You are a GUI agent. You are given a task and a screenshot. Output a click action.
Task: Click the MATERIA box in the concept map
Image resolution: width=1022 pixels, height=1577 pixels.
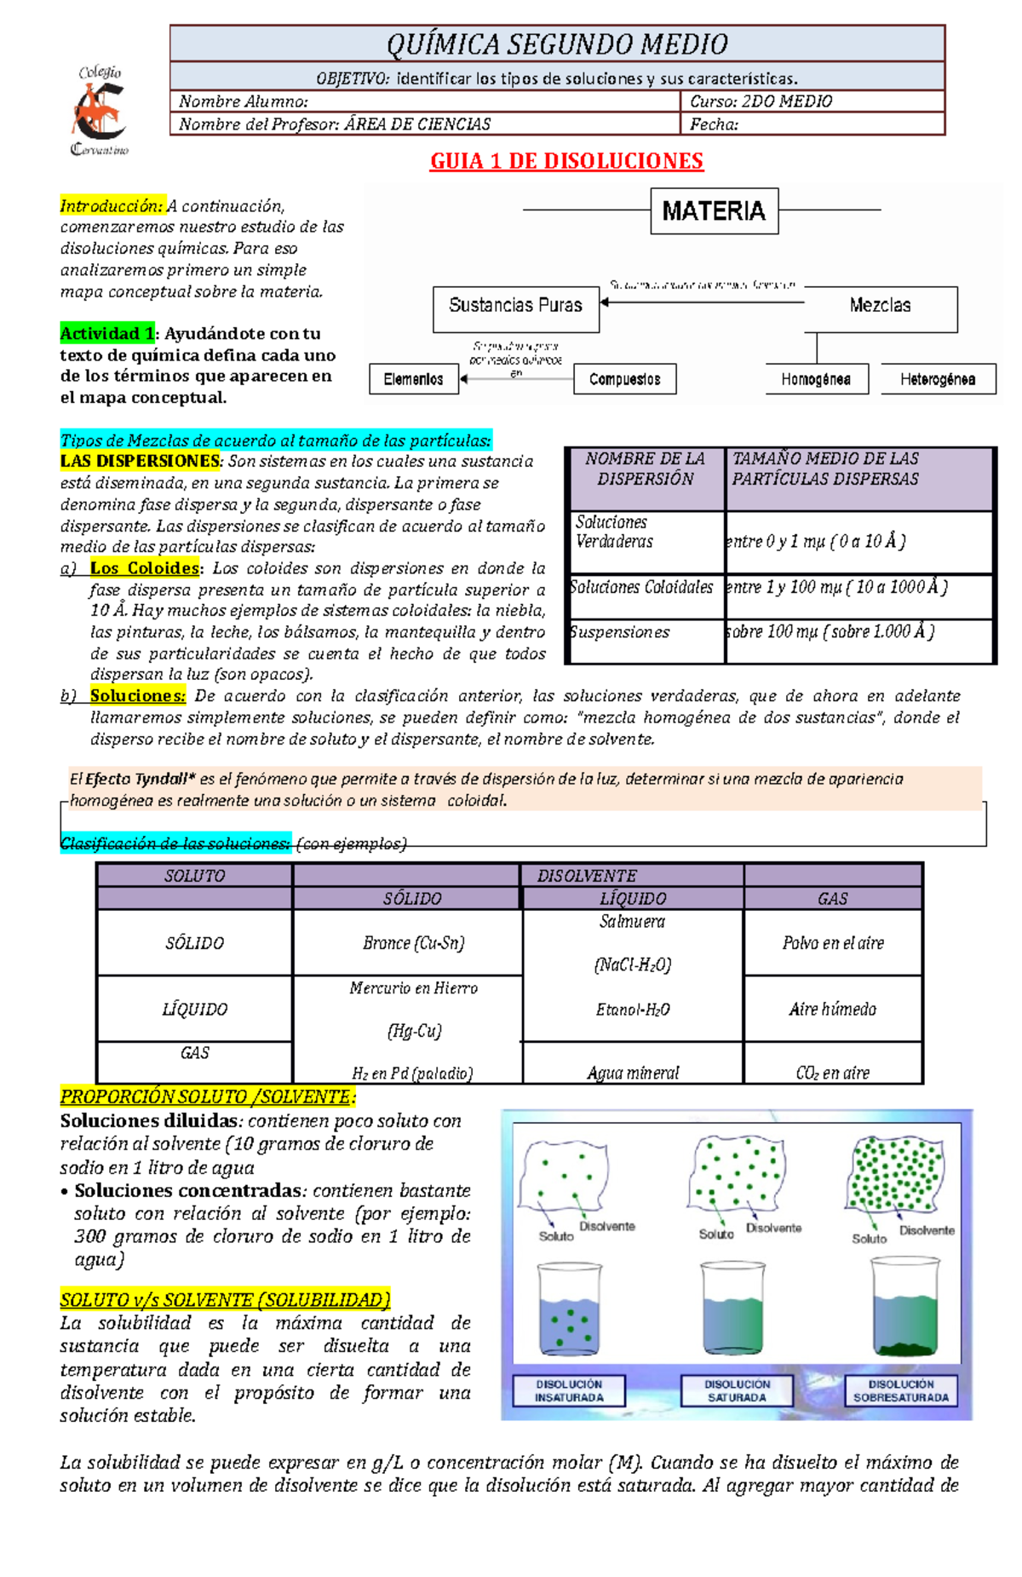(x=714, y=211)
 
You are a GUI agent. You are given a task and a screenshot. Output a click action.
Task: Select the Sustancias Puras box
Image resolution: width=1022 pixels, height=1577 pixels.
(x=515, y=308)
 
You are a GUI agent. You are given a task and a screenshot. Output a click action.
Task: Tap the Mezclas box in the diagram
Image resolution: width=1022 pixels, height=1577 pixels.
(x=880, y=308)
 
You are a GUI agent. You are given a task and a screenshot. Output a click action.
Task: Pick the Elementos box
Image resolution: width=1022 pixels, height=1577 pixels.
(x=413, y=379)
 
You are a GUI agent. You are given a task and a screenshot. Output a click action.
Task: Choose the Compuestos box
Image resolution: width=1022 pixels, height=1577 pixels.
(x=624, y=379)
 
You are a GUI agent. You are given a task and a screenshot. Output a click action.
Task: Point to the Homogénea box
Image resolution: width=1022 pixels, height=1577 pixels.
(x=815, y=379)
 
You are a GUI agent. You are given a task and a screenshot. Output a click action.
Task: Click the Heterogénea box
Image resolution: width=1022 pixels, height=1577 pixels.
(x=937, y=379)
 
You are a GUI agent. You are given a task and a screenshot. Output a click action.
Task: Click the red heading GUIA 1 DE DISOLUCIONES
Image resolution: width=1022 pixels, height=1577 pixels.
(x=566, y=161)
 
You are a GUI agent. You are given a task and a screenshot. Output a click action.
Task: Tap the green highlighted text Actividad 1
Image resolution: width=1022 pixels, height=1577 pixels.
(x=107, y=333)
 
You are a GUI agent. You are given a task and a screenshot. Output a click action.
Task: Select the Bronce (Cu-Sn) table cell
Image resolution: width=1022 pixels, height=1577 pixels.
(x=413, y=943)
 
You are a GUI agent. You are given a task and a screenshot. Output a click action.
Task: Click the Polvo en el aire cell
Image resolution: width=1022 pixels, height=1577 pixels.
(x=833, y=943)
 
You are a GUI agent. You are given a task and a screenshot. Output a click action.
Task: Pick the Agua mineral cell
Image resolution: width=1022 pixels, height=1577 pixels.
(x=633, y=1073)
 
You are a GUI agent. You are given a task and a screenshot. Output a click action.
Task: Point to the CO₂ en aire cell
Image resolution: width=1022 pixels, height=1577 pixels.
(x=833, y=1073)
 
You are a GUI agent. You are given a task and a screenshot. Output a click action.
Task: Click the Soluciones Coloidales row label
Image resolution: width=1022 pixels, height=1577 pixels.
(x=642, y=587)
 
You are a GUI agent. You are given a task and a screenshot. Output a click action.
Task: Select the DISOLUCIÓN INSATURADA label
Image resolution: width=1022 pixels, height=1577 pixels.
(x=569, y=1390)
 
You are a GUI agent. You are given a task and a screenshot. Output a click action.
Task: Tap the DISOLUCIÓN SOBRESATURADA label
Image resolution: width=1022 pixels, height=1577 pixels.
(x=901, y=1390)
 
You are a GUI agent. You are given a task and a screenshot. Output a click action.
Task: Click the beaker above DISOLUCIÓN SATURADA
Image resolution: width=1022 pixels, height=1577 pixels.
(x=733, y=1308)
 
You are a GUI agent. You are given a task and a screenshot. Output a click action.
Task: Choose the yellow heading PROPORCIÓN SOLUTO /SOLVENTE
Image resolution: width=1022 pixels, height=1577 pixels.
(x=208, y=1096)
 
